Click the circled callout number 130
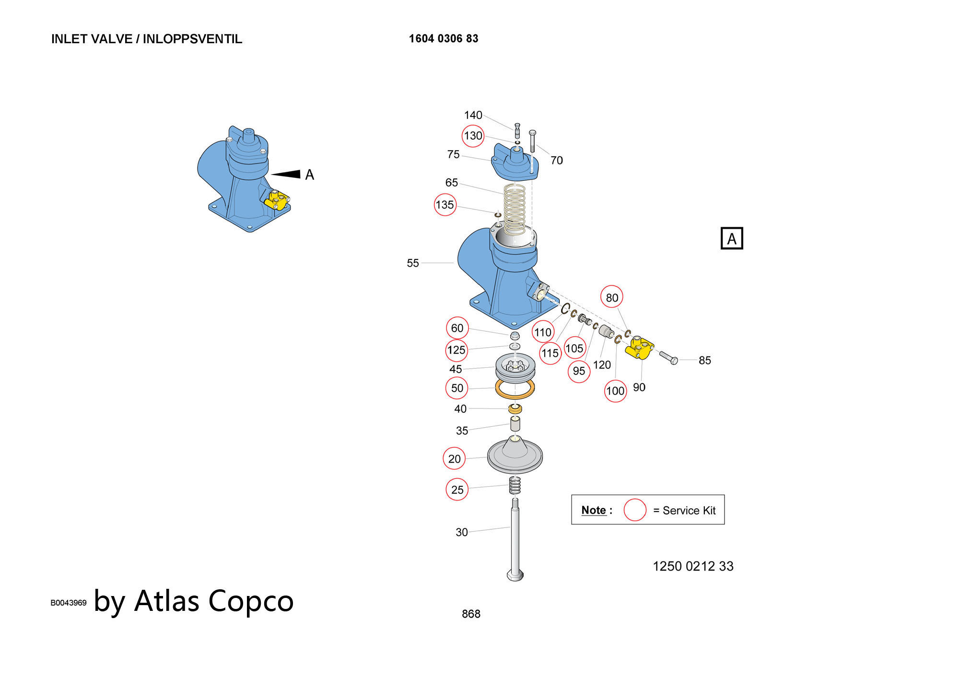pos(473,136)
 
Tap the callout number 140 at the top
pos(473,115)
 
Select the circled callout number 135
pos(444,205)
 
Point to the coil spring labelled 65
pos(515,209)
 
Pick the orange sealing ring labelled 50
pos(515,389)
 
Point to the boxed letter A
pos(732,238)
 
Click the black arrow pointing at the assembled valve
pos(287,174)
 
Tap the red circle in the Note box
pos(635,510)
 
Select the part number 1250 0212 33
pos(693,566)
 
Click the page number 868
pos(471,614)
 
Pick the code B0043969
pos(69,603)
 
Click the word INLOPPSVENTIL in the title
pos(192,39)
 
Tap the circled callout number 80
pos(612,298)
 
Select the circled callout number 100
pos(615,391)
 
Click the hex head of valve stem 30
pos(515,575)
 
